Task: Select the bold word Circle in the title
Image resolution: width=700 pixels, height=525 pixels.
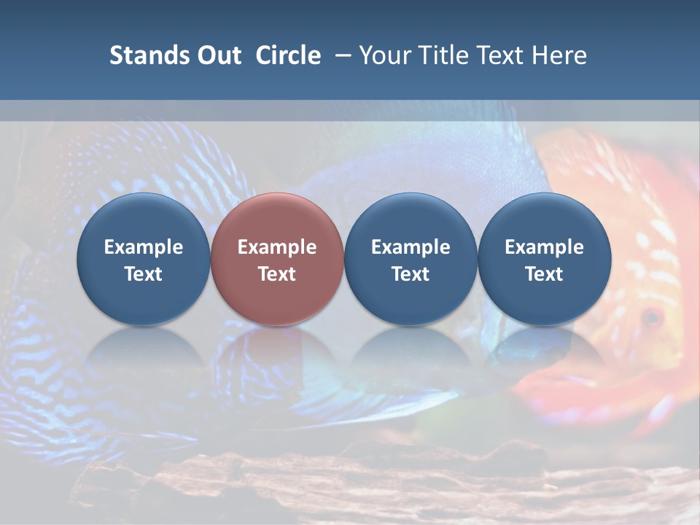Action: (288, 55)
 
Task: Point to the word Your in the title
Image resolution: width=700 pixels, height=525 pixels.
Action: (386, 55)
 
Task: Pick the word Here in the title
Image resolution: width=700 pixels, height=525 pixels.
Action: (559, 55)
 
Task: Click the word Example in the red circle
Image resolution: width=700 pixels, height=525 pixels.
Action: (277, 247)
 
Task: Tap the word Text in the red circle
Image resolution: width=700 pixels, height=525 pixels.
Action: (277, 274)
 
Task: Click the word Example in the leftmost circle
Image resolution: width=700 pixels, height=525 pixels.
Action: (144, 247)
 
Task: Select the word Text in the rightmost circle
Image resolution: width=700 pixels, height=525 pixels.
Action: (544, 274)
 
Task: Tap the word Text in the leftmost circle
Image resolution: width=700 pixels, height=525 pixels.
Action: (144, 274)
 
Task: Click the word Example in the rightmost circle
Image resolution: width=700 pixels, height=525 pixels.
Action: (544, 247)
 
